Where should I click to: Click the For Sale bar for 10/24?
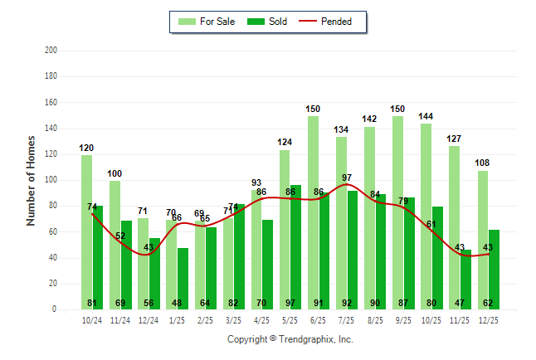(86, 232)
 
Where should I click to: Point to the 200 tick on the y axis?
(51, 51)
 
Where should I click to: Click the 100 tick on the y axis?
(51, 180)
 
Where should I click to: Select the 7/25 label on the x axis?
(347, 319)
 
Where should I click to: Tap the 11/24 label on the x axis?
(120, 319)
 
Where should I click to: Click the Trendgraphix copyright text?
(290, 339)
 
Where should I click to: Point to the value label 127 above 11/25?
(454, 139)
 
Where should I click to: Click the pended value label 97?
(347, 178)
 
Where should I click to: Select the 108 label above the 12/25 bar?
(482, 163)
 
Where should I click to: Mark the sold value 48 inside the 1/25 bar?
(177, 303)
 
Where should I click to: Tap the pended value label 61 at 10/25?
(431, 224)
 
